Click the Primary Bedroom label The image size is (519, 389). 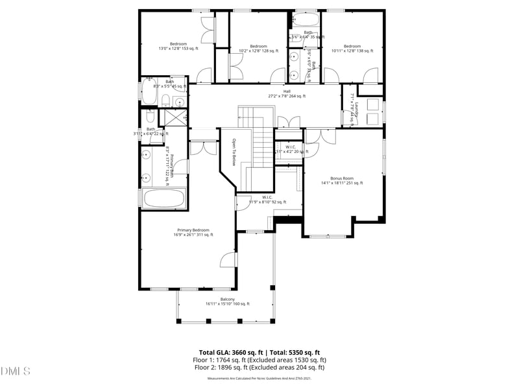193,230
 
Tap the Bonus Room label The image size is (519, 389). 341,178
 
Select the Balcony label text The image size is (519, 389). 227,299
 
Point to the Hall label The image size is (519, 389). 287,91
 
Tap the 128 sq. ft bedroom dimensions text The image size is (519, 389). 258,51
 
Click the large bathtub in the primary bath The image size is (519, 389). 163,198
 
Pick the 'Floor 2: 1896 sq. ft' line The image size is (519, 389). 259,368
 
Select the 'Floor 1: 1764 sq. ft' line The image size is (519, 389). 259,360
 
